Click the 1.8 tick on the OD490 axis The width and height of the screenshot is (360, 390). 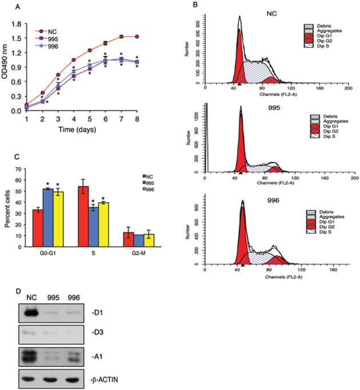coord(18,25)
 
